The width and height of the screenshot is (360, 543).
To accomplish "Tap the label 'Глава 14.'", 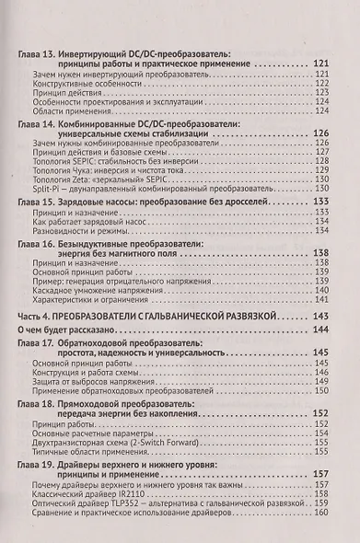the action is coord(40,121).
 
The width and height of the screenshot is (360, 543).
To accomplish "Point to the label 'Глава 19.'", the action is coord(40,466).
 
